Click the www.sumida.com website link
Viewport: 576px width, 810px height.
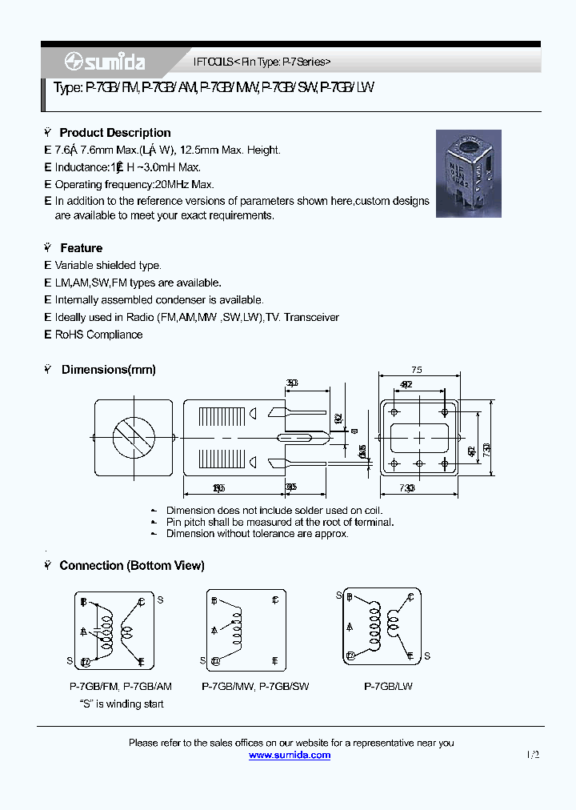pyautogui.click(x=290, y=755)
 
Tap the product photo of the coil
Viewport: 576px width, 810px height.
pyautogui.click(x=469, y=174)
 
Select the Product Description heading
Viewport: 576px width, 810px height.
pyautogui.click(x=115, y=133)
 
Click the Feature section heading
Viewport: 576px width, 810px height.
pyautogui.click(x=81, y=248)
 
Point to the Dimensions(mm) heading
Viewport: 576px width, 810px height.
pyautogui.click(x=108, y=370)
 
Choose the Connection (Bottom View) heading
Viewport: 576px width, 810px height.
pyautogui.click(x=132, y=565)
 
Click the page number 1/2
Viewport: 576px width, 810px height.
pyautogui.click(x=533, y=755)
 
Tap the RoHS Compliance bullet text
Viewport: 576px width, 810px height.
pyautogui.click(x=98, y=335)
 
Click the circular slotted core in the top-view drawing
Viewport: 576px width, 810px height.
pyautogui.click(x=134, y=438)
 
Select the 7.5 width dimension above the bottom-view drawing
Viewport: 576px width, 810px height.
pyautogui.click(x=416, y=371)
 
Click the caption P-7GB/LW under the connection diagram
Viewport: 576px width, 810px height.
pyautogui.click(x=388, y=687)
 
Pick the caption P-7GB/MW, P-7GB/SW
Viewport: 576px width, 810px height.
pyautogui.click(x=255, y=687)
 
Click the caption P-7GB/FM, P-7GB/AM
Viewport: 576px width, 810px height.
pyautogui.click(x=121, y=687)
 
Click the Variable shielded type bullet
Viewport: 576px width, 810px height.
pyautogui.click(x=108, y=265)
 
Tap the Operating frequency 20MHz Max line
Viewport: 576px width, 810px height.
pyautogui.click(x=134, y=184)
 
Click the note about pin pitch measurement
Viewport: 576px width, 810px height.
pyautogui.click(x=279, y=522)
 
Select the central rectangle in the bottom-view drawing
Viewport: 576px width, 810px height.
pyautogui.click(x=417, y=438)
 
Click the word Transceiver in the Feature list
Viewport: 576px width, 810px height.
pyautogui.click(x=311, y=318)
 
